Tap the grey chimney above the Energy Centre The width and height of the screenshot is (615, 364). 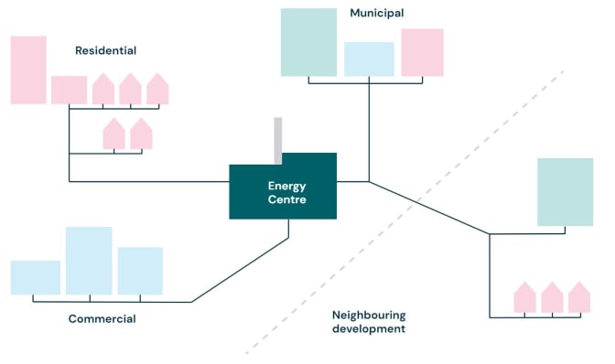277,140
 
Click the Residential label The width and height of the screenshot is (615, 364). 106,50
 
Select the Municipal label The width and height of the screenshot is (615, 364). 376,13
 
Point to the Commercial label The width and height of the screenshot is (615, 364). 102,319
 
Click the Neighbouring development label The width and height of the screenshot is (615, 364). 368,321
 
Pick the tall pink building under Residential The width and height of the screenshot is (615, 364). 27,70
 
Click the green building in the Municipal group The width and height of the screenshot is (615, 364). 308,42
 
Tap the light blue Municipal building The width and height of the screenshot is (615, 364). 369,59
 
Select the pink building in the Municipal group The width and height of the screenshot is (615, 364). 422,52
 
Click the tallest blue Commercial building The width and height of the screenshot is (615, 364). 89,261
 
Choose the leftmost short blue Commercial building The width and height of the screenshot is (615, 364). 36,277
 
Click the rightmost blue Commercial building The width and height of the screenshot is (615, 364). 140,271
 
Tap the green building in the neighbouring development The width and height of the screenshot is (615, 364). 565,192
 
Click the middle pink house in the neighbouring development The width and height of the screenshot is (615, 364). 552,298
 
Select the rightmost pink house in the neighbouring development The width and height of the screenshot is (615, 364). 579,298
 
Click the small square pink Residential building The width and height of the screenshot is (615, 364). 69,90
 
